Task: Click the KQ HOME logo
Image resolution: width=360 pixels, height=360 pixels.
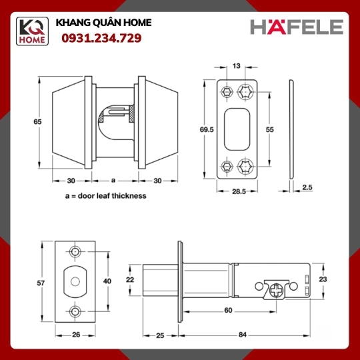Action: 32,31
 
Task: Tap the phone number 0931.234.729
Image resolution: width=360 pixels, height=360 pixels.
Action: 101,38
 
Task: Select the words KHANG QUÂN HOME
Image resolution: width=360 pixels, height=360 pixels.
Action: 104,23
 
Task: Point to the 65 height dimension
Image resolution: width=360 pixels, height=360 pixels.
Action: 37,121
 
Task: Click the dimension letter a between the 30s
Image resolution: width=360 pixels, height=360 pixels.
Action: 113,180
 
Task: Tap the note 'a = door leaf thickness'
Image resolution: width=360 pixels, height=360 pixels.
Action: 106,196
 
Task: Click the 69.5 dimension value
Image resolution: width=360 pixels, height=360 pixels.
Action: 207,129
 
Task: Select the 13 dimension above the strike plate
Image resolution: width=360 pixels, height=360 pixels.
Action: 236,66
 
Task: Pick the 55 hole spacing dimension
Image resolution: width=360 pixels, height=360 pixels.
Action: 270,129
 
